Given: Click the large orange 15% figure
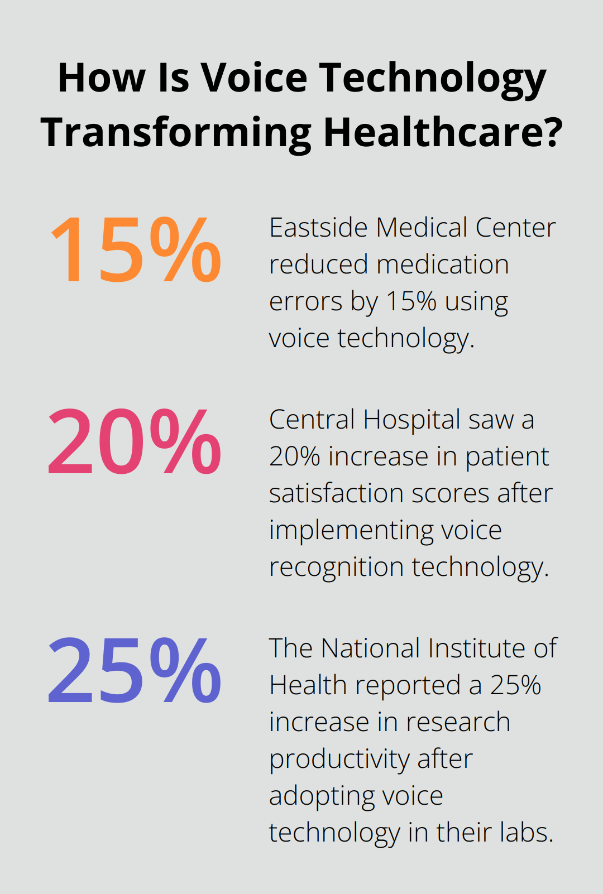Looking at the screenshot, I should [x=136, y=249].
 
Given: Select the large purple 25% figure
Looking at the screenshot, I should [x=135, y=671].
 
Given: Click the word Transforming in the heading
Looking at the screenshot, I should [x=176, y=133].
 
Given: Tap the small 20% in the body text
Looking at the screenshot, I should [x=294, y=456].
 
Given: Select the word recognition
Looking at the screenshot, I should [x=336, y=567].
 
